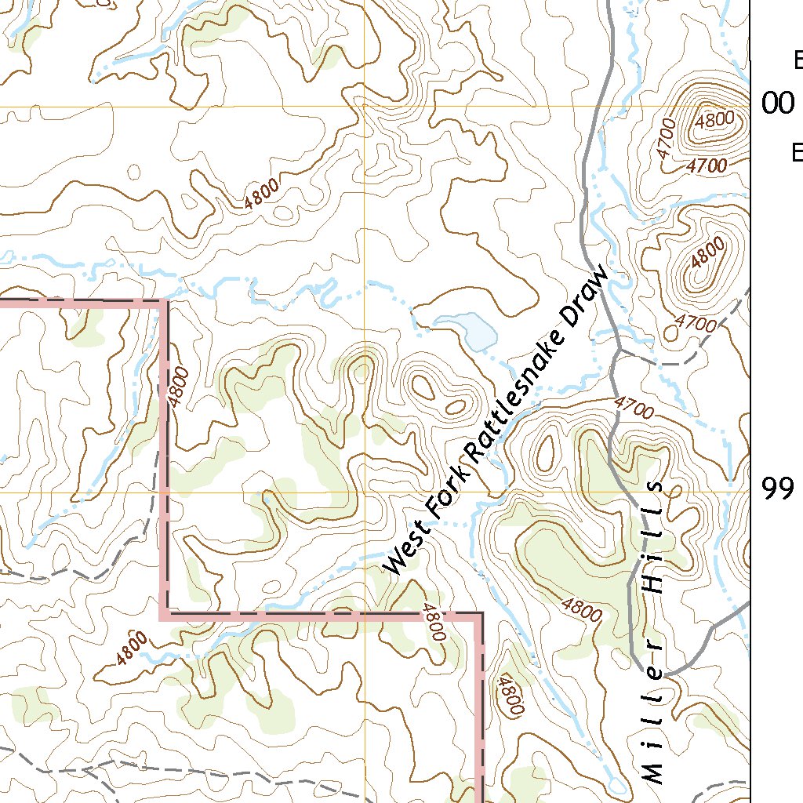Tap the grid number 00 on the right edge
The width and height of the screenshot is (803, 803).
778,104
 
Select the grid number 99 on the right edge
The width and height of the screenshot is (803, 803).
778,489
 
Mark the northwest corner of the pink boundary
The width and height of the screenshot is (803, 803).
165,302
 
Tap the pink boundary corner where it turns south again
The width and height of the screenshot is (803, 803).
479,615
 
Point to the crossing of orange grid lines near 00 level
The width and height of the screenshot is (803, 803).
365,106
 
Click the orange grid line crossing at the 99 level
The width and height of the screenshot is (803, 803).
365,492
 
